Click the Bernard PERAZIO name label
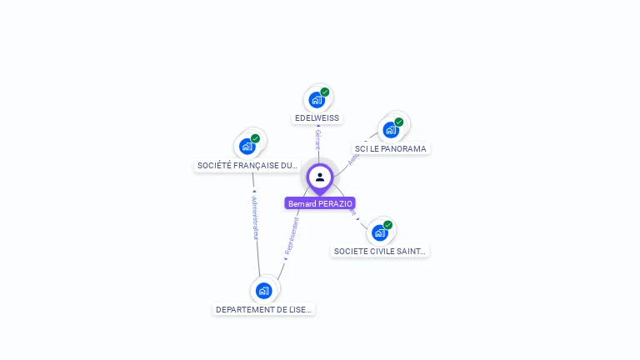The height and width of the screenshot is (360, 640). coord(320,203)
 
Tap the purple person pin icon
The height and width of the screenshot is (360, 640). coord(320,177)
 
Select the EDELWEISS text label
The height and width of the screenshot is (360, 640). coord(317,118)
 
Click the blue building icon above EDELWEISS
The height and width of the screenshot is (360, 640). coord(316,100)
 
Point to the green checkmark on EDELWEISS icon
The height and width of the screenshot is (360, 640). coord(325,92)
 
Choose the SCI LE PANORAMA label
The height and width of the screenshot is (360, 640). coord(390,149)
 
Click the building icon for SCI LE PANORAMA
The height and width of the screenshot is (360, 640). coord(390,130)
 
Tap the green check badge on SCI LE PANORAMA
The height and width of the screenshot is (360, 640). coord(399,122)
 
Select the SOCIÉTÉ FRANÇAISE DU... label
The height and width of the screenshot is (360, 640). coord(247,166)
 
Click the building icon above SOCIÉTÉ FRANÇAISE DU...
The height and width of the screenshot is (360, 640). coord(247,147)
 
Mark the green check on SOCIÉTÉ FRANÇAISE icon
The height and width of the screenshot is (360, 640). coord(256,138)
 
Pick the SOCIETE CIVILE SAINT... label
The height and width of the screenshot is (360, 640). coord(380,251)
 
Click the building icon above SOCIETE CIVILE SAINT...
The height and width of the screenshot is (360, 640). coord(380,232)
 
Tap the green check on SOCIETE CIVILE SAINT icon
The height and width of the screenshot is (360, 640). coord(388,224)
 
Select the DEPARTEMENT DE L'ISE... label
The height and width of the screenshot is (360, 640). coord(264,309)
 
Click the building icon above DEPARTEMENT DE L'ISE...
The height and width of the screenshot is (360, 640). coord(264,291)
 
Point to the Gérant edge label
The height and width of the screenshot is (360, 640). coord(317,140)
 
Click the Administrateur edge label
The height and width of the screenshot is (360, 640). coord(255,218)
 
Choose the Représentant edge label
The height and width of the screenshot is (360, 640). coord(291,236)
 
